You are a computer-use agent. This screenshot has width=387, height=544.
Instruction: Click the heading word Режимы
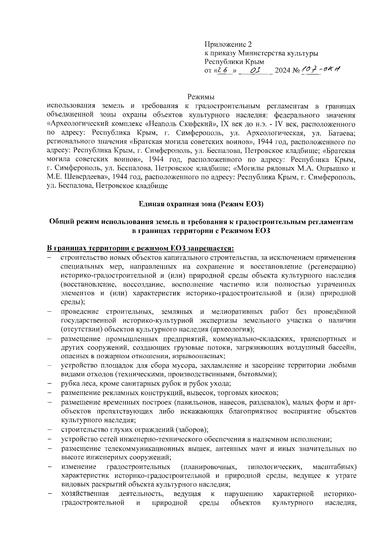[x=201, y=97]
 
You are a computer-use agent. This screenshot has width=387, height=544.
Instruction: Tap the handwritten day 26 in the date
[x=223, y=70]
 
